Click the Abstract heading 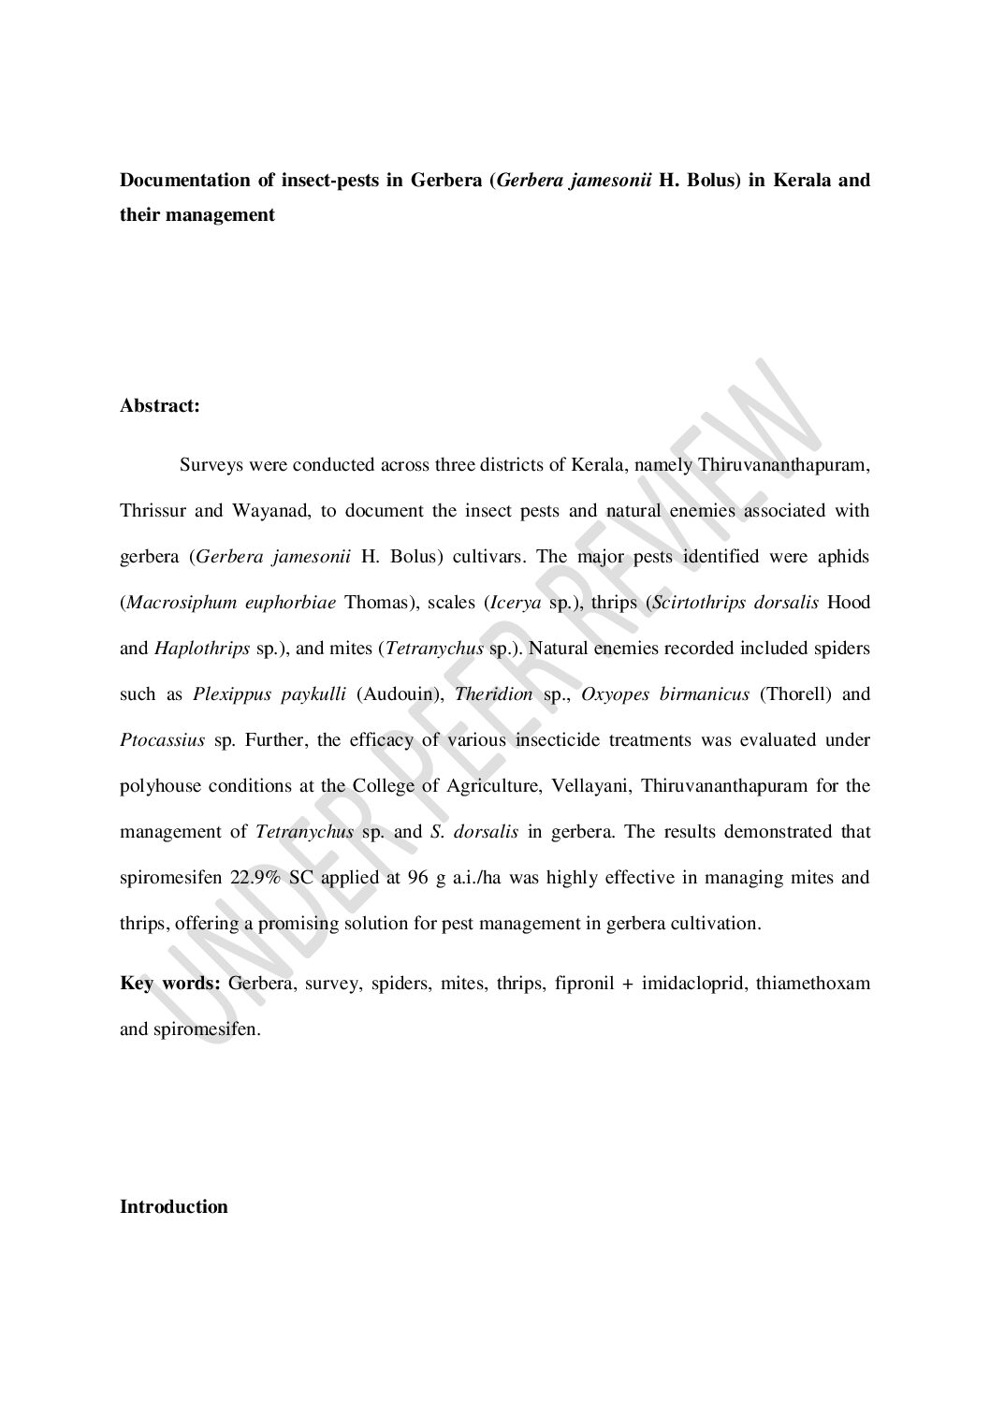pos(159,406)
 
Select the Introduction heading pos(174,1206)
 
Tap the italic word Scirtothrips pos(700,603)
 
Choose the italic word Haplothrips pos(201,649)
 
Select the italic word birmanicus pos(708,694)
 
